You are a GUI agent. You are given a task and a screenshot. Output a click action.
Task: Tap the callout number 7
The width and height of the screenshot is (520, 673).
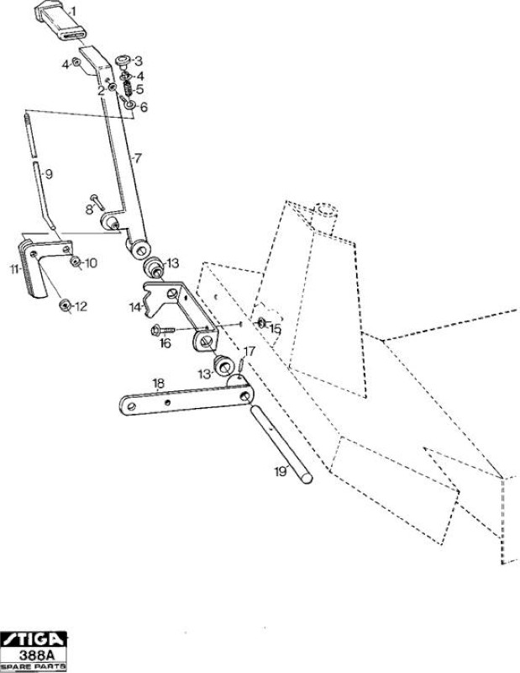click(x=137, y=158)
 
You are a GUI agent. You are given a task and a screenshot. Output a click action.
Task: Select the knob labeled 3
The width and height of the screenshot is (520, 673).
click(x=123, y=61)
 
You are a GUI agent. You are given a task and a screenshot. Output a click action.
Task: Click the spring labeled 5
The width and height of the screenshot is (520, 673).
click(x=128, y=89)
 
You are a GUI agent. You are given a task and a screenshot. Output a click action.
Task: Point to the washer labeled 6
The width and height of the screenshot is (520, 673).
click(x=130, y=104)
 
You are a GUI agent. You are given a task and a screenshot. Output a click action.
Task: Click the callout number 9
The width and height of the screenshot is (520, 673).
click(x=49, y=174)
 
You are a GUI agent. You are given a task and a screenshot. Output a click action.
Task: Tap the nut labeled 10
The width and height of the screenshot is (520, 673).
click(x=76, y=262)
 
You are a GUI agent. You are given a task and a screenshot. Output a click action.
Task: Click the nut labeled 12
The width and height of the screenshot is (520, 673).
click(x=66, y=305)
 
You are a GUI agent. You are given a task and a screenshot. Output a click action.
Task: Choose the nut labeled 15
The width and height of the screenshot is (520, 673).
click(x=261, y=323)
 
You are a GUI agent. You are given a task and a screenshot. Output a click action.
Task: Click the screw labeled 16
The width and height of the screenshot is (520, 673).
click(x=163, y=330)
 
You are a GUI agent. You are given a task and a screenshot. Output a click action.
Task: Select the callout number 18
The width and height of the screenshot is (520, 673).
click(x=159, y=384)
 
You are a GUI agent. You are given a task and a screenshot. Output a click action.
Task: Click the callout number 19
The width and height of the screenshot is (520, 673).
click(x=281, y=472)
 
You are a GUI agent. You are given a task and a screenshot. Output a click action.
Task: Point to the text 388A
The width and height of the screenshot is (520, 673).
click(x=36, y=655)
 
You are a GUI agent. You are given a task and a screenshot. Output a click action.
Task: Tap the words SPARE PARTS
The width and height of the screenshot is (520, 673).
click(x=34, y=666)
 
